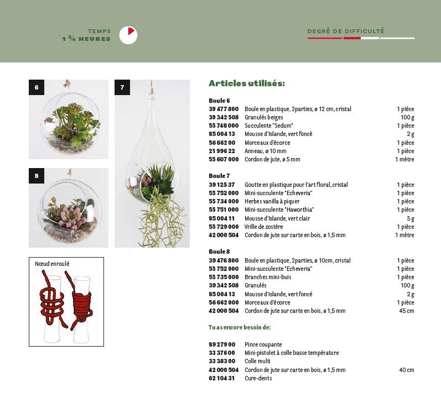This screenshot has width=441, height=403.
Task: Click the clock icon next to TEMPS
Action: pyautogui.click(x=128, y=35)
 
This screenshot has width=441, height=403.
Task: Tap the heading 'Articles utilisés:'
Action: pyautogui.click(x=246, y=83)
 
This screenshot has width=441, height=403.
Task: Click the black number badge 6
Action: pyautogui.click(x=37, y=87)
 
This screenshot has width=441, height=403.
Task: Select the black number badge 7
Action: pyautogui.click(x=122, y=87)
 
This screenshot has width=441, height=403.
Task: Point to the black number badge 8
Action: pyautogui.click(x=37, y=176)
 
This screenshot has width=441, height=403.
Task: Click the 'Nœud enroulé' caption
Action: pyautogui.click(x=52, y=264)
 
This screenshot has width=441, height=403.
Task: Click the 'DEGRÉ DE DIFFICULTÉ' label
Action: pyautogui.click(x=346, y=32)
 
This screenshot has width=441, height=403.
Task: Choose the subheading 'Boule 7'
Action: pyautogui.click(x=219, y=176)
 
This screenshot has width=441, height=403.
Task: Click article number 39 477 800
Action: pyautogui.click(x=224, y=109)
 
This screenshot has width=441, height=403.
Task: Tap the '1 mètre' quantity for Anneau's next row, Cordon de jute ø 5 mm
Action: pyautogui.click(x=404, y=159)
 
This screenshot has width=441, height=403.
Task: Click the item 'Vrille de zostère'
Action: pyautogui.click(x=263, y=227)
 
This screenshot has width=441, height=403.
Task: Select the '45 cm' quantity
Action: pyautogui.click(x=406, y=311)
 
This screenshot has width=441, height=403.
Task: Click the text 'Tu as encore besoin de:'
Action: pyautogui.click(x=240, y=327)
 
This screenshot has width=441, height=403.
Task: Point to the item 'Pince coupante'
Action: pyautogui.click(x=263, y=344)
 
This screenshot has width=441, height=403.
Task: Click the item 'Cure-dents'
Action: pyautogui.click(x=258, y=378)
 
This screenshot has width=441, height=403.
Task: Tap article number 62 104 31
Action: pyautogui.click(x=222, y=378)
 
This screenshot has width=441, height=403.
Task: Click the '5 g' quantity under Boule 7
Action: pyautogui.click(x=409, y=218)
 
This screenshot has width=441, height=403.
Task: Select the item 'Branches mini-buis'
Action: pyautogui.click(x=268, y=277)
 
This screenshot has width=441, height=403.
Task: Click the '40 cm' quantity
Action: pyautogui.click(x=406, y=370)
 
